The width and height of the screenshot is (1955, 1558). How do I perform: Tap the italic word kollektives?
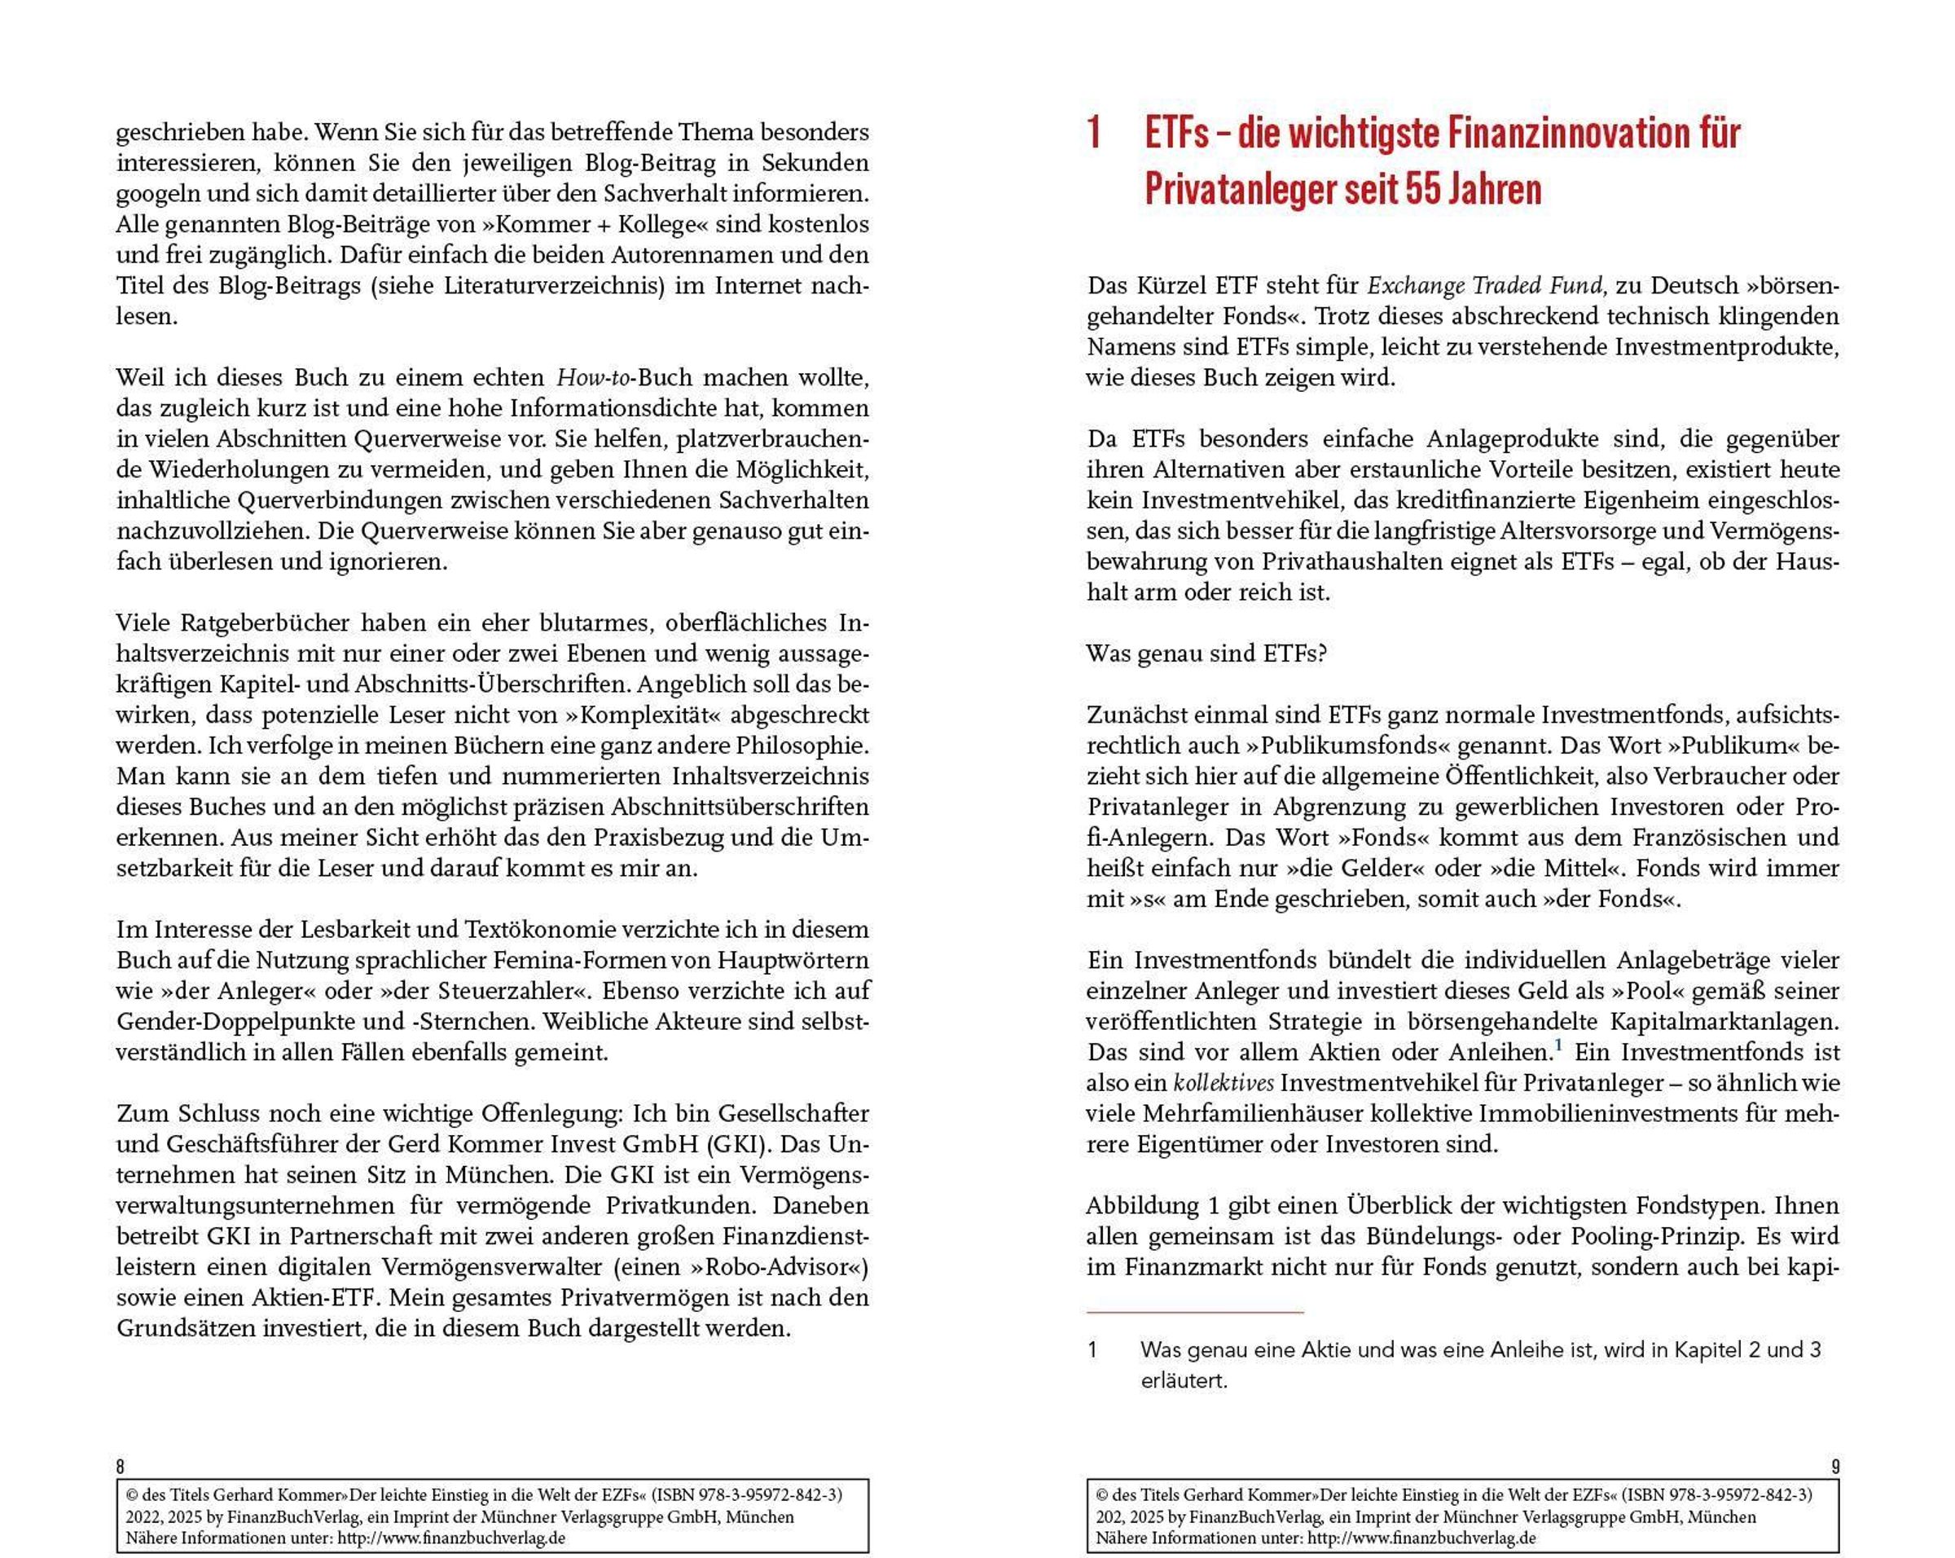1224,1083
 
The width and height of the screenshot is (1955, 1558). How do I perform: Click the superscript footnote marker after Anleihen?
1557,1045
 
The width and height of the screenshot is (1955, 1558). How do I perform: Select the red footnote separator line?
1195,1312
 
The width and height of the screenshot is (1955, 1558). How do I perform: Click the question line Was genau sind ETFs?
1207,653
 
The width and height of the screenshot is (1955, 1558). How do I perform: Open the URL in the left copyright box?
451,1538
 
